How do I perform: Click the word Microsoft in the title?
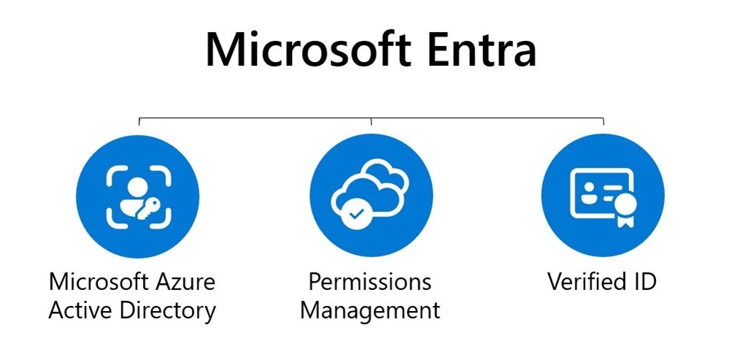pos(309,50)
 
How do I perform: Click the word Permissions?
pos(370,282)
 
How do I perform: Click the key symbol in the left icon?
pos(149,208)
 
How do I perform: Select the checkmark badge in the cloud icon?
pos(357,213)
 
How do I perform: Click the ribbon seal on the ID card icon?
pos(625,207)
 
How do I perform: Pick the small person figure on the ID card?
pos(589,193)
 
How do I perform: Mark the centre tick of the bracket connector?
pos(371,122)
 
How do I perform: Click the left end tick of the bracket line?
pos(139,122)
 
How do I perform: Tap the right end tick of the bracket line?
pos(603,122)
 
